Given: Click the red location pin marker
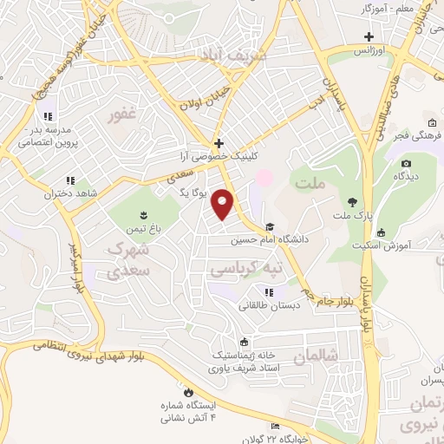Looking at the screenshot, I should pos(224,204).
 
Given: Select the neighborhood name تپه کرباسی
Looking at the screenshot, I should pos(247,270).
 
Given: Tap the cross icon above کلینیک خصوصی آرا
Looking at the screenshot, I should pos(219,143).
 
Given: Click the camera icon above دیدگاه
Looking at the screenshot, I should pos(406,162).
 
